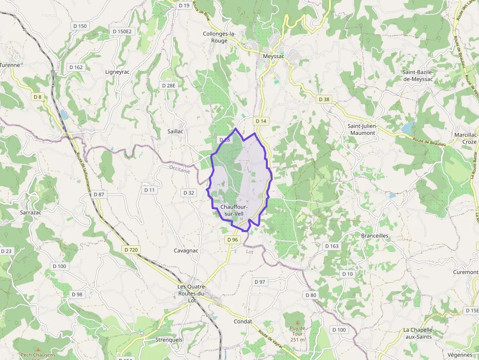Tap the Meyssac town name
(x=273, y=56)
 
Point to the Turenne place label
(x=10, y=64)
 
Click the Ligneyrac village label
(x=117, y=72)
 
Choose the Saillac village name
(x=175, y=131)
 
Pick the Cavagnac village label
(x=186, y=251)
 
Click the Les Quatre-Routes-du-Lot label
(x=192, y=293)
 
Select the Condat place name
(x=243, y=321)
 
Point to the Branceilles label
(x=375, y=235)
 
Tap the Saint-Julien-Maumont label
(x=362, y=129)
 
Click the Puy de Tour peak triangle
(x=297, y=323)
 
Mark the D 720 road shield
(x=131, y=250)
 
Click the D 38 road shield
(x=324, y=99)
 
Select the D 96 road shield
(x=233, y=240)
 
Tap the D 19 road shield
(x=184, y=5)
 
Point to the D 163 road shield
(x=332, y=246)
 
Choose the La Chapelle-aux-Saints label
(x=419, y=333)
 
